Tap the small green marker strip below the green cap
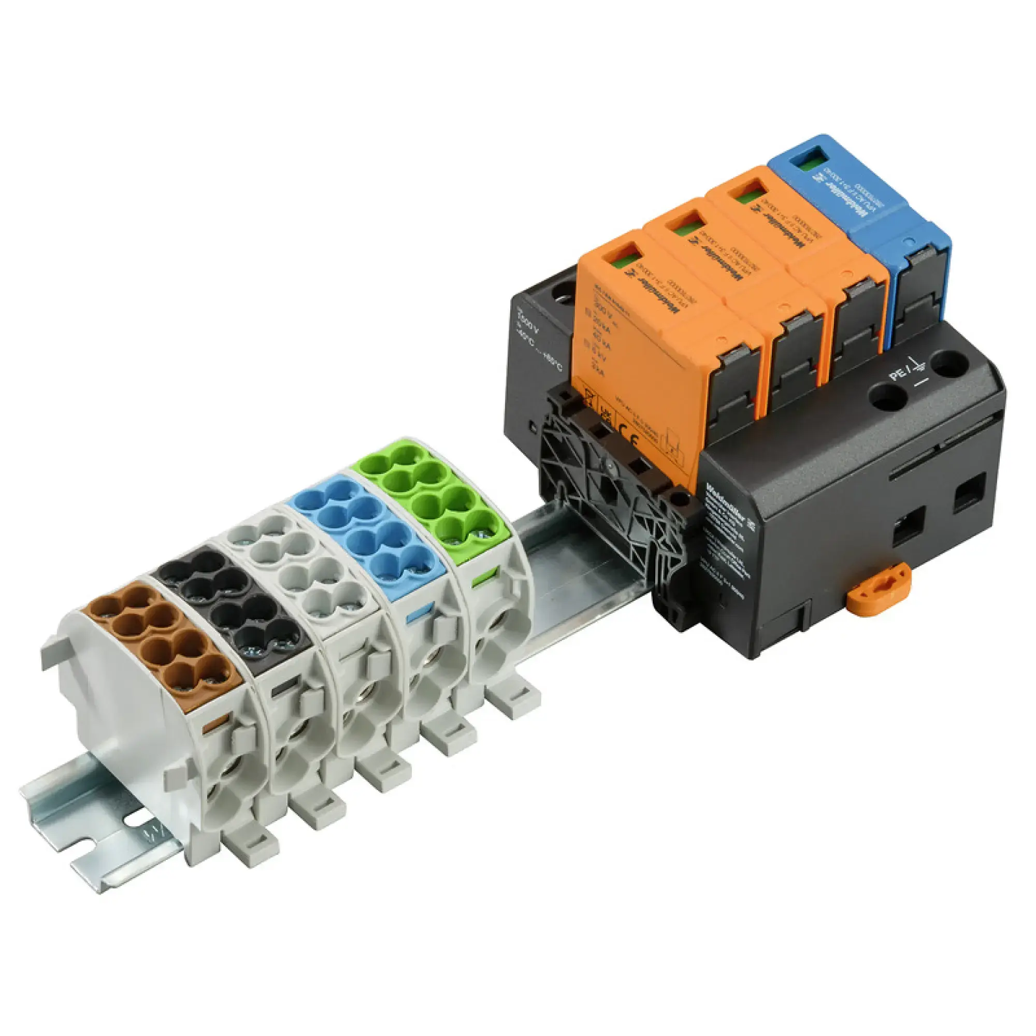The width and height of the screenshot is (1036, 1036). (483, 579)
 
